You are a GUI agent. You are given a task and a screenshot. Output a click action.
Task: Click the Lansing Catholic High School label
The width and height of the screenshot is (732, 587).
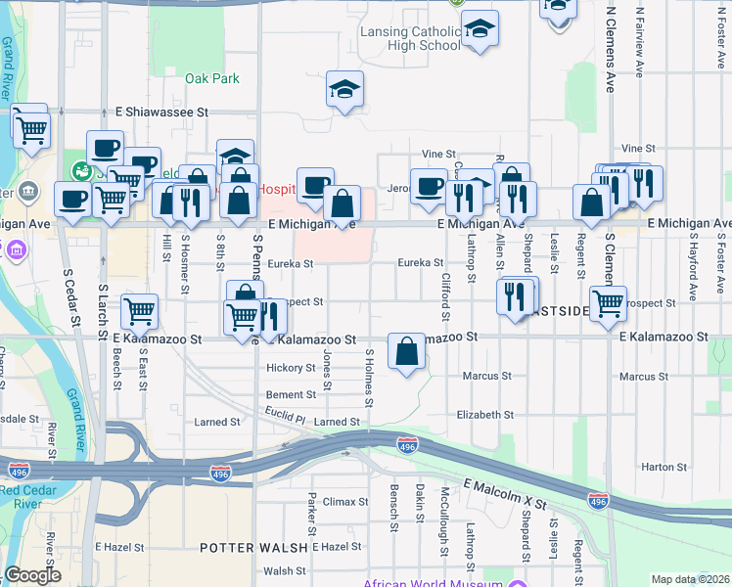(409, 38)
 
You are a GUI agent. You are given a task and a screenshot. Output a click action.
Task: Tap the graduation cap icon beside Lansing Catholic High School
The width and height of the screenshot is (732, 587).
(480, 30)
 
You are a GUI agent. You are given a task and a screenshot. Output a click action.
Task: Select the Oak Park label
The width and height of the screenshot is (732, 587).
(211, 78)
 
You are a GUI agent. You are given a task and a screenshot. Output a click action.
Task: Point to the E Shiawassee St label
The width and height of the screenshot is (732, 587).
(162, 113)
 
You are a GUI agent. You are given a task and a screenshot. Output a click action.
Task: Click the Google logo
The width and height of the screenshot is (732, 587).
(32, 575)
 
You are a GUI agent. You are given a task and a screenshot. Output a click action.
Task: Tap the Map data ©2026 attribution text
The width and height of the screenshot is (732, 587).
(690, 579)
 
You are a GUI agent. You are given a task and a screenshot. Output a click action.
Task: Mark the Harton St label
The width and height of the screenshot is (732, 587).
(665, 468)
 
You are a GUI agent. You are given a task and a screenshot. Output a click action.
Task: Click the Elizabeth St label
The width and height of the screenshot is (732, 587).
(484, 415)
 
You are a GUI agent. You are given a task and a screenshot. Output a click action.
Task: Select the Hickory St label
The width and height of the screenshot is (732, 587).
(290, 369)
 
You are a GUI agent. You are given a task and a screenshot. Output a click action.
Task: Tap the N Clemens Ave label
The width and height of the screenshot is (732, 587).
(611, 39)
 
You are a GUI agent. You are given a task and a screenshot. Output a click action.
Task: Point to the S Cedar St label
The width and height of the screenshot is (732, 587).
(69, 296)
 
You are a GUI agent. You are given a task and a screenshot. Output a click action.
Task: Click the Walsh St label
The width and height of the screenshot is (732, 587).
(285, 570)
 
